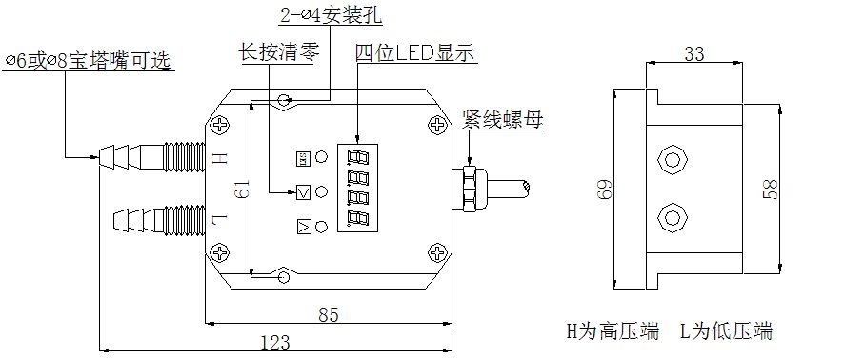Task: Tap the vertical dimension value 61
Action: [x=242, y=191]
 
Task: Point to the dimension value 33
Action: [x=694, y=55]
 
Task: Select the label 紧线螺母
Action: [x=502, y=119]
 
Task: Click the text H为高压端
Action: [x=613, y=331]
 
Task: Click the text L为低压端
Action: [x=725, y=331]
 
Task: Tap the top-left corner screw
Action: [x=221, y=124]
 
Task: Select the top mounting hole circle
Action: [x=284, y=100]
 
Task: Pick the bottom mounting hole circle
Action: [x=283, y=277]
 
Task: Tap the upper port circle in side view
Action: [x=673, y=156]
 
